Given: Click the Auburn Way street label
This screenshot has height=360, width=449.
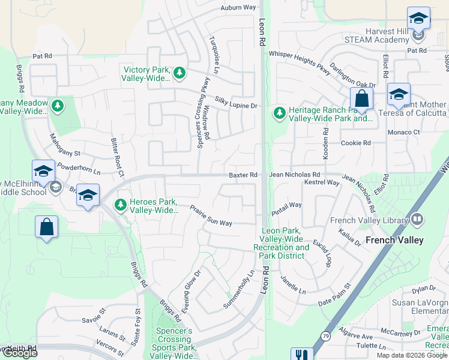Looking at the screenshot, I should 238,8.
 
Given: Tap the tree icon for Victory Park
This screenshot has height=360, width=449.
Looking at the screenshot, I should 179,73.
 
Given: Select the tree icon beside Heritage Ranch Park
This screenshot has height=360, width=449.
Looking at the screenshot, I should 279,113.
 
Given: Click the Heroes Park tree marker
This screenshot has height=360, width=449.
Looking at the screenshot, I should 121,205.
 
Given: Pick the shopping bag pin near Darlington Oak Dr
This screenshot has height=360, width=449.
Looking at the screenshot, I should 361,98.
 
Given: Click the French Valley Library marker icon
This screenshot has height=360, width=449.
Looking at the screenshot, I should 418,220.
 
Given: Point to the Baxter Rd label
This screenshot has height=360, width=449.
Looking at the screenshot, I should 243,175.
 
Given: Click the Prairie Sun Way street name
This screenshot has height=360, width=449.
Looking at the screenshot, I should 211,216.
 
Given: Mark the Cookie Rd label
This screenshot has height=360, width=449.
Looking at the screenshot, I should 356,143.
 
